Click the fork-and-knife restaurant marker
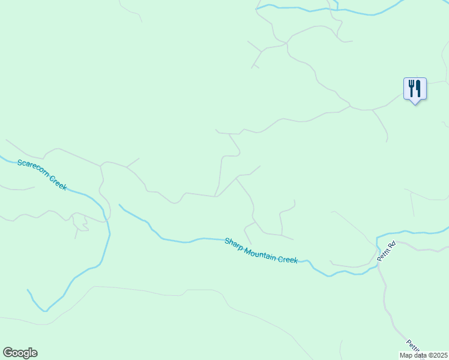pyautogui.click(x=415, y=89)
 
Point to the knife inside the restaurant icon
pyautogui.click(x=418, y=89)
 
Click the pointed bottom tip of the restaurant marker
pyautogui.click(x=415, y=104)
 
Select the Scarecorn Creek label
pyautogui.click(x=42, y=174)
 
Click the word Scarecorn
pyautogui.click(x=33, y=170)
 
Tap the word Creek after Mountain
pyautogui.click(x=288, y=259)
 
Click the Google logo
pyautogui.click(x=20, y=353)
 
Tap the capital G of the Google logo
pyautogui.click(x=8, y=352)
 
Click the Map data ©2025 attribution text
pyautogui.click(x=424, y=355)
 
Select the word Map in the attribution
pyautogui.click(x=406, y=355)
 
